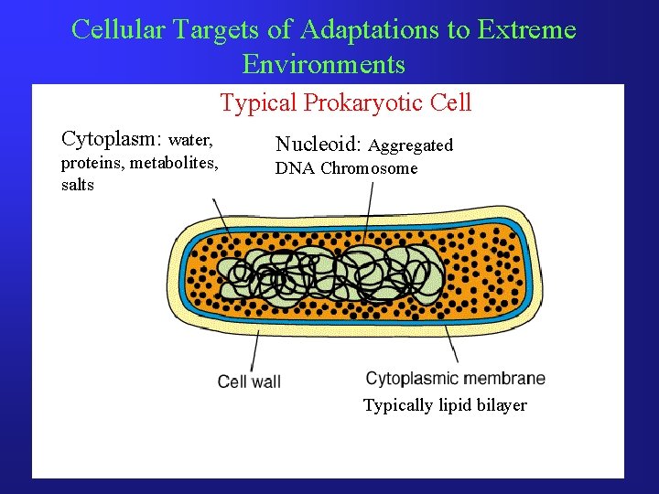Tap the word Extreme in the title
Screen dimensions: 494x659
pos(524,30)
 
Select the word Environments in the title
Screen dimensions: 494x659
pos(323,64)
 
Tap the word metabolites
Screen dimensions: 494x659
pos(173,163)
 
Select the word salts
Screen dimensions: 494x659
pos(77,185)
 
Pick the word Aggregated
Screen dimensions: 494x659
pos(411,145)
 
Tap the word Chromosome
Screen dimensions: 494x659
pos(369,168)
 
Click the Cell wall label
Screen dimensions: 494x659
pos(249,381)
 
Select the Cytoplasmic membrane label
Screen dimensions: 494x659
pos(455,379)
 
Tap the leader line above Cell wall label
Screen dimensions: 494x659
pos(254,349)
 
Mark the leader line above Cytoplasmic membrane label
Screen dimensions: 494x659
pos(451,345)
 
